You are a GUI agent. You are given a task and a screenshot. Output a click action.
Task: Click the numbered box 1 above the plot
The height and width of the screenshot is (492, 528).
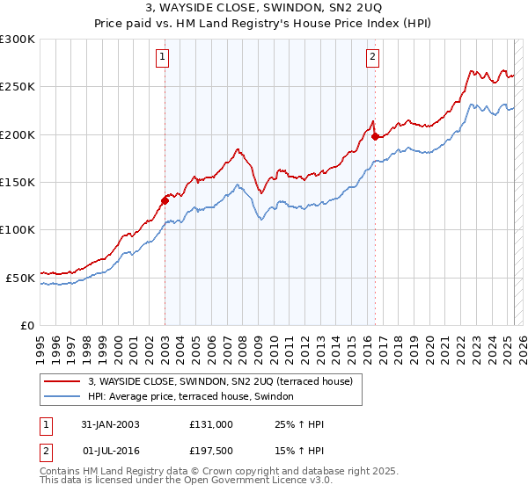click(x=164, y=58)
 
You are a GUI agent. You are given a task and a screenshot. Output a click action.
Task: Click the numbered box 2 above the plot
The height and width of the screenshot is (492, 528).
click(x=373, y=58)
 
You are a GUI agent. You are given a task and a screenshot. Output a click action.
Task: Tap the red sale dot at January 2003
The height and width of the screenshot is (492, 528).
click(x=165, y=199)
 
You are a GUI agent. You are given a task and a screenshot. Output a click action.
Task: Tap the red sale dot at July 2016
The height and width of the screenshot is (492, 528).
click(x=375, y=136)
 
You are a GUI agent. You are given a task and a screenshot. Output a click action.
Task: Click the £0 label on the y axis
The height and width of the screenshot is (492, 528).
click(x=26, y=325)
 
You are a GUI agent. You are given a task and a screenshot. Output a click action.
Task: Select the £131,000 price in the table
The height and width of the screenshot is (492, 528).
click(x=211, y=424)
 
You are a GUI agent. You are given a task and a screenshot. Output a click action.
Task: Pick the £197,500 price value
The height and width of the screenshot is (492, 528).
click(x=211, y=451)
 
